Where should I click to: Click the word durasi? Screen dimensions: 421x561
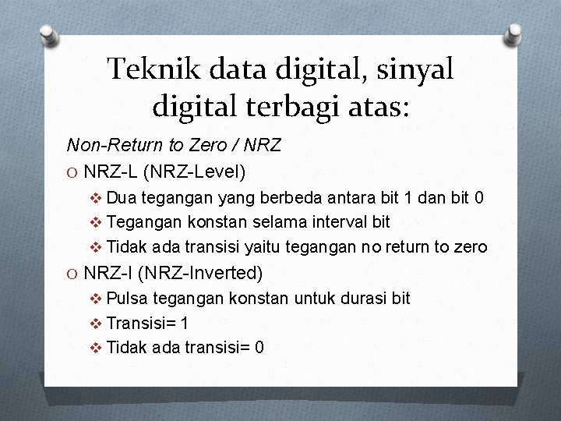click(x=360, y=298)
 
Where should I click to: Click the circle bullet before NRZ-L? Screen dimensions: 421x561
click(x=72, y=171)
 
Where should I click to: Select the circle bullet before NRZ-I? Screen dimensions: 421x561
click(x=72, y=274)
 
